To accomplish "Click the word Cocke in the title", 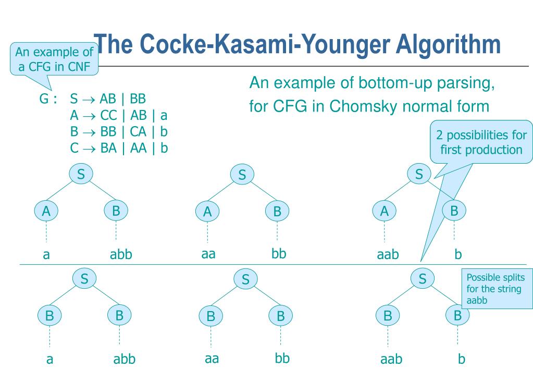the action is click(x=172, y=44).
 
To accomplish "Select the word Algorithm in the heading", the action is click(x=448, y=44).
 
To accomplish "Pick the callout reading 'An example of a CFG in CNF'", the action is click(x=54, y=59).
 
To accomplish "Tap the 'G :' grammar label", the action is click(x=48, y=99).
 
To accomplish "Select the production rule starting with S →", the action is click(x=108, y=99).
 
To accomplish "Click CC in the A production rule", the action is click(x=108, y=116).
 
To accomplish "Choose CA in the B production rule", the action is click(x=138, y=132).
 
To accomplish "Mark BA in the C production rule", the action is click(x=108, y=149).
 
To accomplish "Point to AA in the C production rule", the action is click(x=139, y=149).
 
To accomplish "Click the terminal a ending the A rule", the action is click(x=164, y=116).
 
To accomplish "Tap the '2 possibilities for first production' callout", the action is click(x=481, y=142).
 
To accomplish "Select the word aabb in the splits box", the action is click(x=477, y=301).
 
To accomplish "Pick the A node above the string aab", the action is click(x=384, y=211).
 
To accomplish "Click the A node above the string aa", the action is click(x=207, y=211).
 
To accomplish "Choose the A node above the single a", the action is click(x=46, y=211).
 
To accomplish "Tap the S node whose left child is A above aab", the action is click(x=419, y=174).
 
